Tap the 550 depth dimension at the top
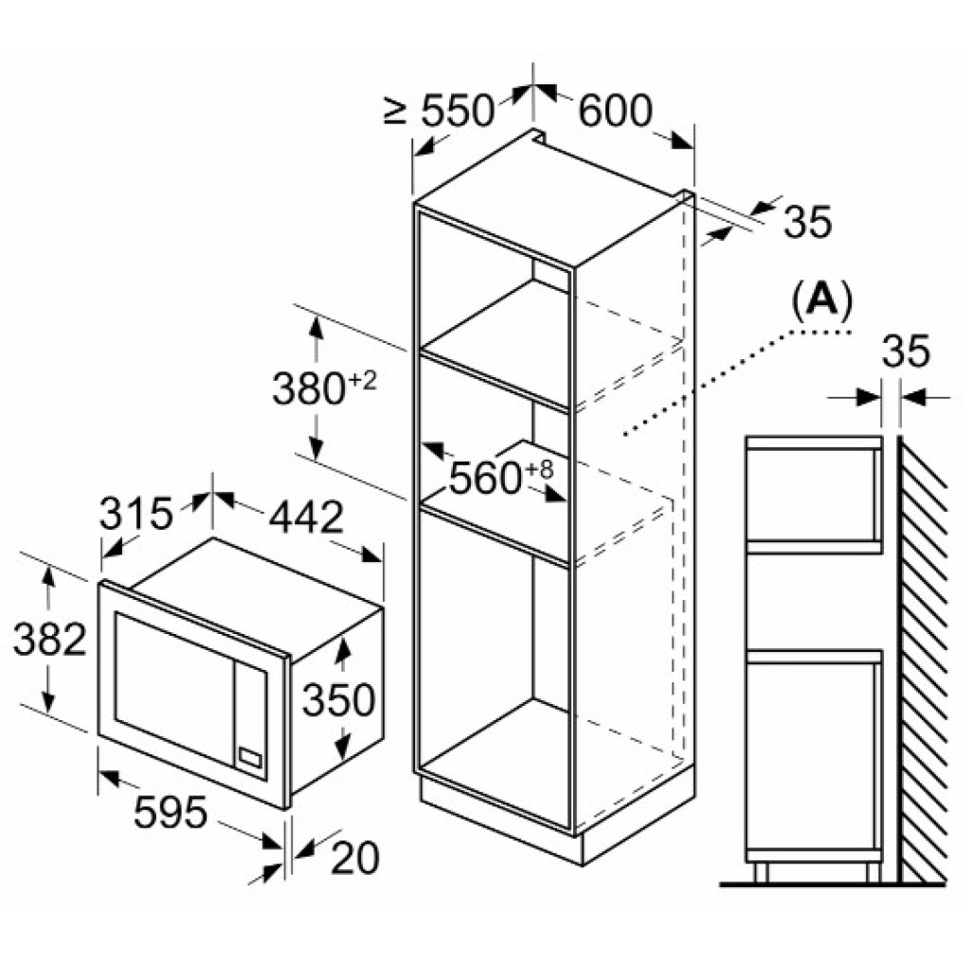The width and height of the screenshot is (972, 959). pos(458,112)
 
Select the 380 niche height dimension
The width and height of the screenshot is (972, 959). pos(308,389)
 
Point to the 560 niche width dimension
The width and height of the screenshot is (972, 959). pos(485,478)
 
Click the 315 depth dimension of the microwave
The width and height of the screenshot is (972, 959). pos(135,514)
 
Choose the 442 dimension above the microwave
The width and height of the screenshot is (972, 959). pos(306,517)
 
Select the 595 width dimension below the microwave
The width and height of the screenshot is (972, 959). pos(171,812)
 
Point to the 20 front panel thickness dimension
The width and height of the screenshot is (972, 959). pos(354,859)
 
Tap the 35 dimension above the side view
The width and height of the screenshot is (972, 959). pos(906,352)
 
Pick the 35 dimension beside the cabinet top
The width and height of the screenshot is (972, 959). pos(808,222)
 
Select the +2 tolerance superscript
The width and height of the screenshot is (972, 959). pos(361,381)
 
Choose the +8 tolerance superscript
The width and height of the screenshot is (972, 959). pos(538,469)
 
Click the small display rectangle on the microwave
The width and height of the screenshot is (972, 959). pos(251,757)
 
